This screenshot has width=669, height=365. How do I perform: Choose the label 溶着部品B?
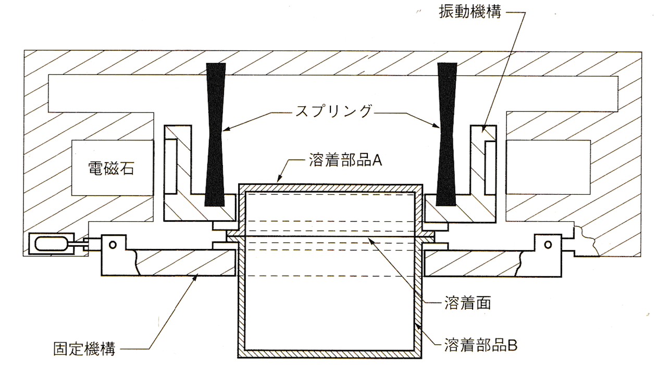(480, 344)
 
